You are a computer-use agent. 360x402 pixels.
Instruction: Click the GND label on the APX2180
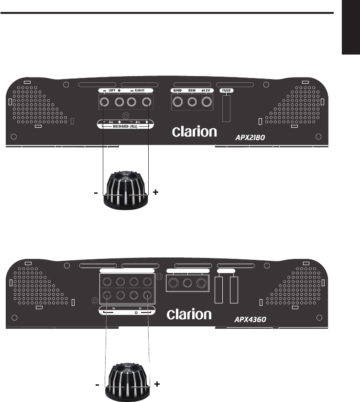tap(177, 90)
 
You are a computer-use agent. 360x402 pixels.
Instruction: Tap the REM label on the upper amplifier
tap(192, 90)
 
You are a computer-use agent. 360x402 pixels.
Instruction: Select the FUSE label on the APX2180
tap(226, 90)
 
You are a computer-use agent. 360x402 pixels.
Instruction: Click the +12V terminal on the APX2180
tap(207, 101)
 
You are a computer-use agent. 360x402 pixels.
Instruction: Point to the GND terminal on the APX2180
tap(178, 101)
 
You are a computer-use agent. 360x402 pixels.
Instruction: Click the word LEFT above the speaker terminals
tap(112, 90)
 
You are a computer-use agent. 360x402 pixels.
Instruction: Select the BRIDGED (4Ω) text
tap(126, 126)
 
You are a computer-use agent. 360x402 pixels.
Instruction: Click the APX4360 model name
tap(250, 318)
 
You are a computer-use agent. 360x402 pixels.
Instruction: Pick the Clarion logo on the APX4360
tap(189, 314)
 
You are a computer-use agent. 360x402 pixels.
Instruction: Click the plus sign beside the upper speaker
tap(155, 192)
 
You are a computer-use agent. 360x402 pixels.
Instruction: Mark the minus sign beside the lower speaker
tap(97, 384)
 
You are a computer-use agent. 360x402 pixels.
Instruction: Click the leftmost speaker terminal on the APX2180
tap(104, 101)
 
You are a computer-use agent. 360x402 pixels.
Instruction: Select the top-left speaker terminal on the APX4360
tap(107, 282)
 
